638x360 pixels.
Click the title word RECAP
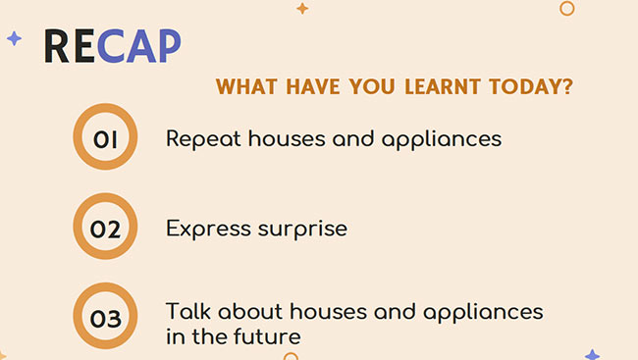112,46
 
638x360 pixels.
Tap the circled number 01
105,139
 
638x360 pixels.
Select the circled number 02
105,230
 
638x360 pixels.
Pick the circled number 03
105,318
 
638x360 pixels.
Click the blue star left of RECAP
14,38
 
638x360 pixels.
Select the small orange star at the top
302,9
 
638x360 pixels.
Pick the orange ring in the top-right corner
566,8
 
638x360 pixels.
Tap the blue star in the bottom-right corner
592,354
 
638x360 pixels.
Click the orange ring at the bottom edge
291,355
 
